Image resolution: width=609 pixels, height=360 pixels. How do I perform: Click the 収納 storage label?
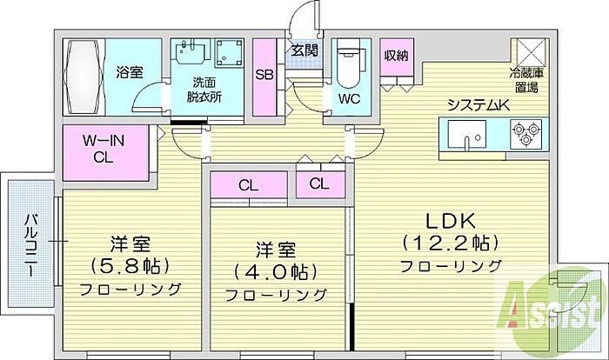397,56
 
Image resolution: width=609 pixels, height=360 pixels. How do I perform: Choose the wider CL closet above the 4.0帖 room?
248,185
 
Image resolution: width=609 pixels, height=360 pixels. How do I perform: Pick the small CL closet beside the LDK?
318,183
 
